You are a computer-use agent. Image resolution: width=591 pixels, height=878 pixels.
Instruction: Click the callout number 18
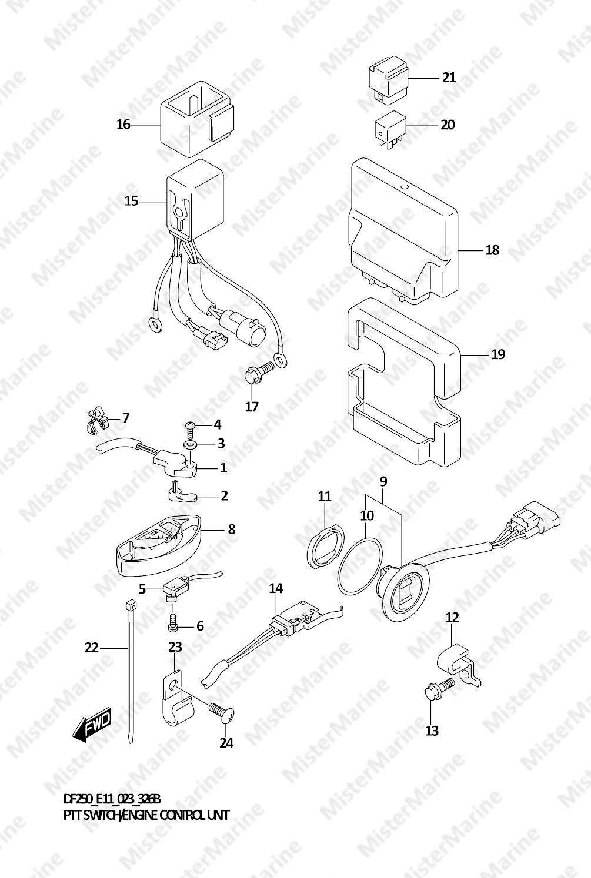[492, 250]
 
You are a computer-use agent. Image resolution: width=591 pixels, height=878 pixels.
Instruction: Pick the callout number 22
[91, 648]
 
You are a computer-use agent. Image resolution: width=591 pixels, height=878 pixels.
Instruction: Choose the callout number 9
[383, 481]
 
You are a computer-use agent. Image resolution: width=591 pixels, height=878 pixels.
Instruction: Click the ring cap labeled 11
[325, 547]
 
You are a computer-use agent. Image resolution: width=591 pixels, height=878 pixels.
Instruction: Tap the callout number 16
[123, 125]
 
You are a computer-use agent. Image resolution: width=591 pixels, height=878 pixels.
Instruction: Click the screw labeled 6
[172, 625]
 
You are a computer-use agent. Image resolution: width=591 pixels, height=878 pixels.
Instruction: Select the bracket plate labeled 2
[181, 494]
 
